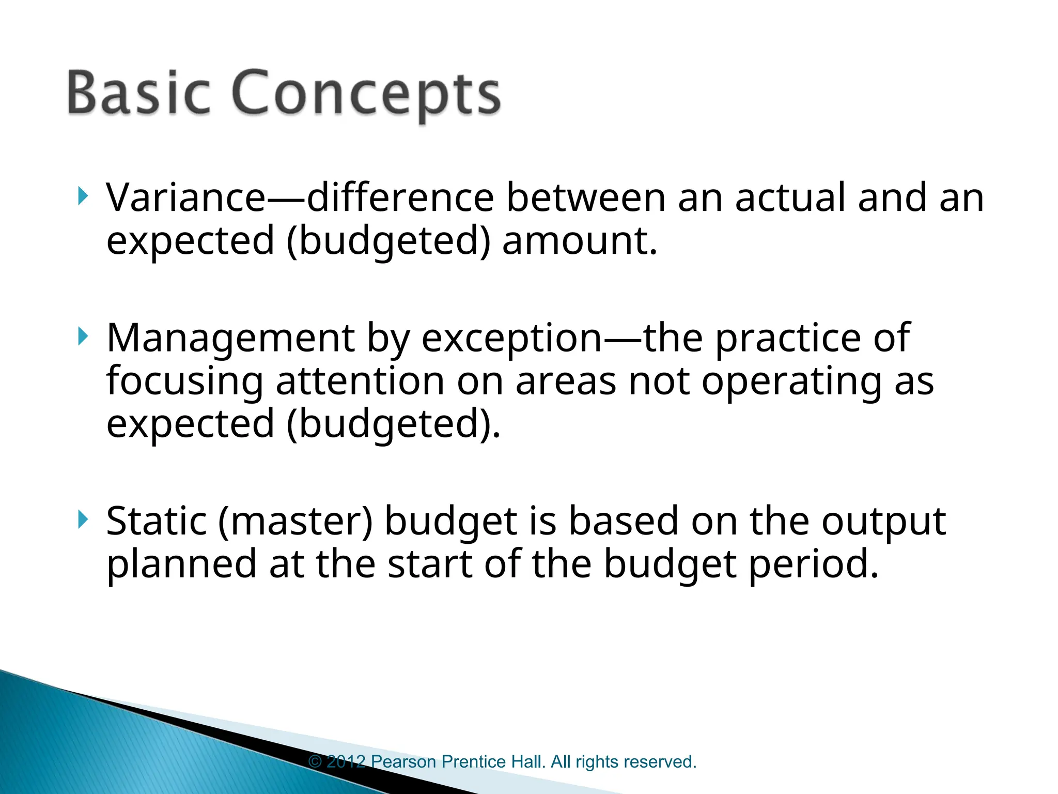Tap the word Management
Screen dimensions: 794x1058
point(230,338)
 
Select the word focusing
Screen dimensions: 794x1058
point(184,381)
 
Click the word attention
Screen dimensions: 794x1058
point(360,381)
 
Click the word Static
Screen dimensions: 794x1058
point(156,521)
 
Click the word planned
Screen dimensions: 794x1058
point(181,564)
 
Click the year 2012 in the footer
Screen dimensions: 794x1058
point(346,761)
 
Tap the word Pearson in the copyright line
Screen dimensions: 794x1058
point(403,761)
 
